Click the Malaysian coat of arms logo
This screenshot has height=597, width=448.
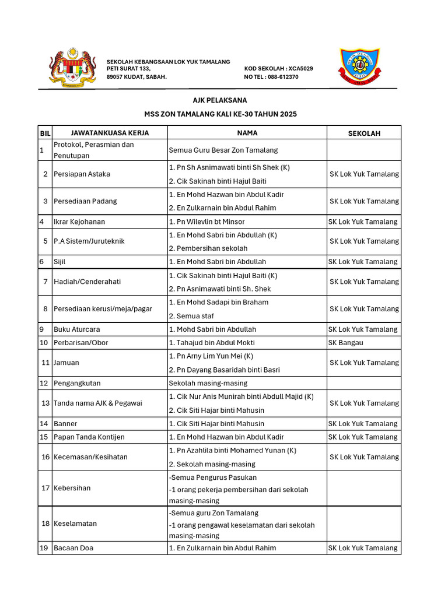[72, 68]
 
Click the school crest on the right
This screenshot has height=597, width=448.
[360, 68]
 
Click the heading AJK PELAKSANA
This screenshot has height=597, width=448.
[220, 100]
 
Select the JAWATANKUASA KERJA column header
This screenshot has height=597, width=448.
[109, 133]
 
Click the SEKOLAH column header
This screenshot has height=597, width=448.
[363, 134]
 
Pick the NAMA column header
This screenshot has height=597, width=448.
[247, 133]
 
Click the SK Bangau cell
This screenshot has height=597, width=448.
[345, 343]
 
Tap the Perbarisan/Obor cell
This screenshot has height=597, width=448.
[80, 343]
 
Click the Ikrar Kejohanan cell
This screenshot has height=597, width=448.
[79, 222]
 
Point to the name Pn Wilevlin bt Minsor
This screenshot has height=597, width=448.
[206, 222]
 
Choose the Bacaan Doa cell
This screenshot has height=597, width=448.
[73, 548]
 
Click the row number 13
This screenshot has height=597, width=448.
[45, 403]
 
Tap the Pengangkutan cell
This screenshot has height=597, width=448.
[77, 384]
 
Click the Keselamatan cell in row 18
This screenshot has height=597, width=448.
[75, 524]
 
